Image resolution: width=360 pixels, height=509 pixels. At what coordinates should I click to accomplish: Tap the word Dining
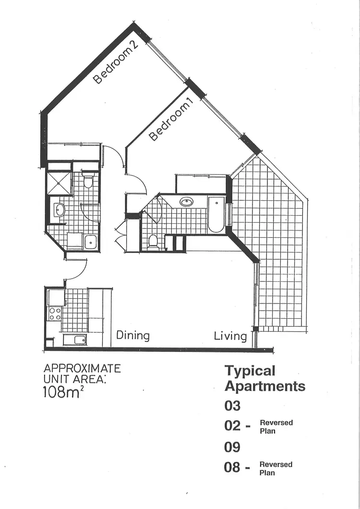(133, 335)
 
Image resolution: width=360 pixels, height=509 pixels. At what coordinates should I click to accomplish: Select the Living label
(230, 336)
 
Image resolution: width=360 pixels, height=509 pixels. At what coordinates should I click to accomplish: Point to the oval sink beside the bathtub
(186, 202)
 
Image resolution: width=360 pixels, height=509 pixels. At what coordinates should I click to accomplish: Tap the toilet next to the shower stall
(88, 182)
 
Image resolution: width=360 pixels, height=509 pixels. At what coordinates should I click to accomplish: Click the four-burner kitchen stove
(55, 314)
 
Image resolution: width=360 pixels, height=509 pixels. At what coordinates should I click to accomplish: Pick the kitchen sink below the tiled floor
(75, 339)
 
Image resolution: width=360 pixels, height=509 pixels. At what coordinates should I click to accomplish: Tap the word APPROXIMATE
(82, 369)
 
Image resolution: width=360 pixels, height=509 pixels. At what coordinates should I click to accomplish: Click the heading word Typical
(250, 371)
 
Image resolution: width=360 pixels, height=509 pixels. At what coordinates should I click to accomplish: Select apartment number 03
(232, 406)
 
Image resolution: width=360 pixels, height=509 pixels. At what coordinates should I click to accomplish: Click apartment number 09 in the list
(232, 447)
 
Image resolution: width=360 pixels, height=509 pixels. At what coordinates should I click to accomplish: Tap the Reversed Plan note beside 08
(276, 469)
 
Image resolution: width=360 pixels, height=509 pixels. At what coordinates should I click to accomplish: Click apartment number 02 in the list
(232, 426)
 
